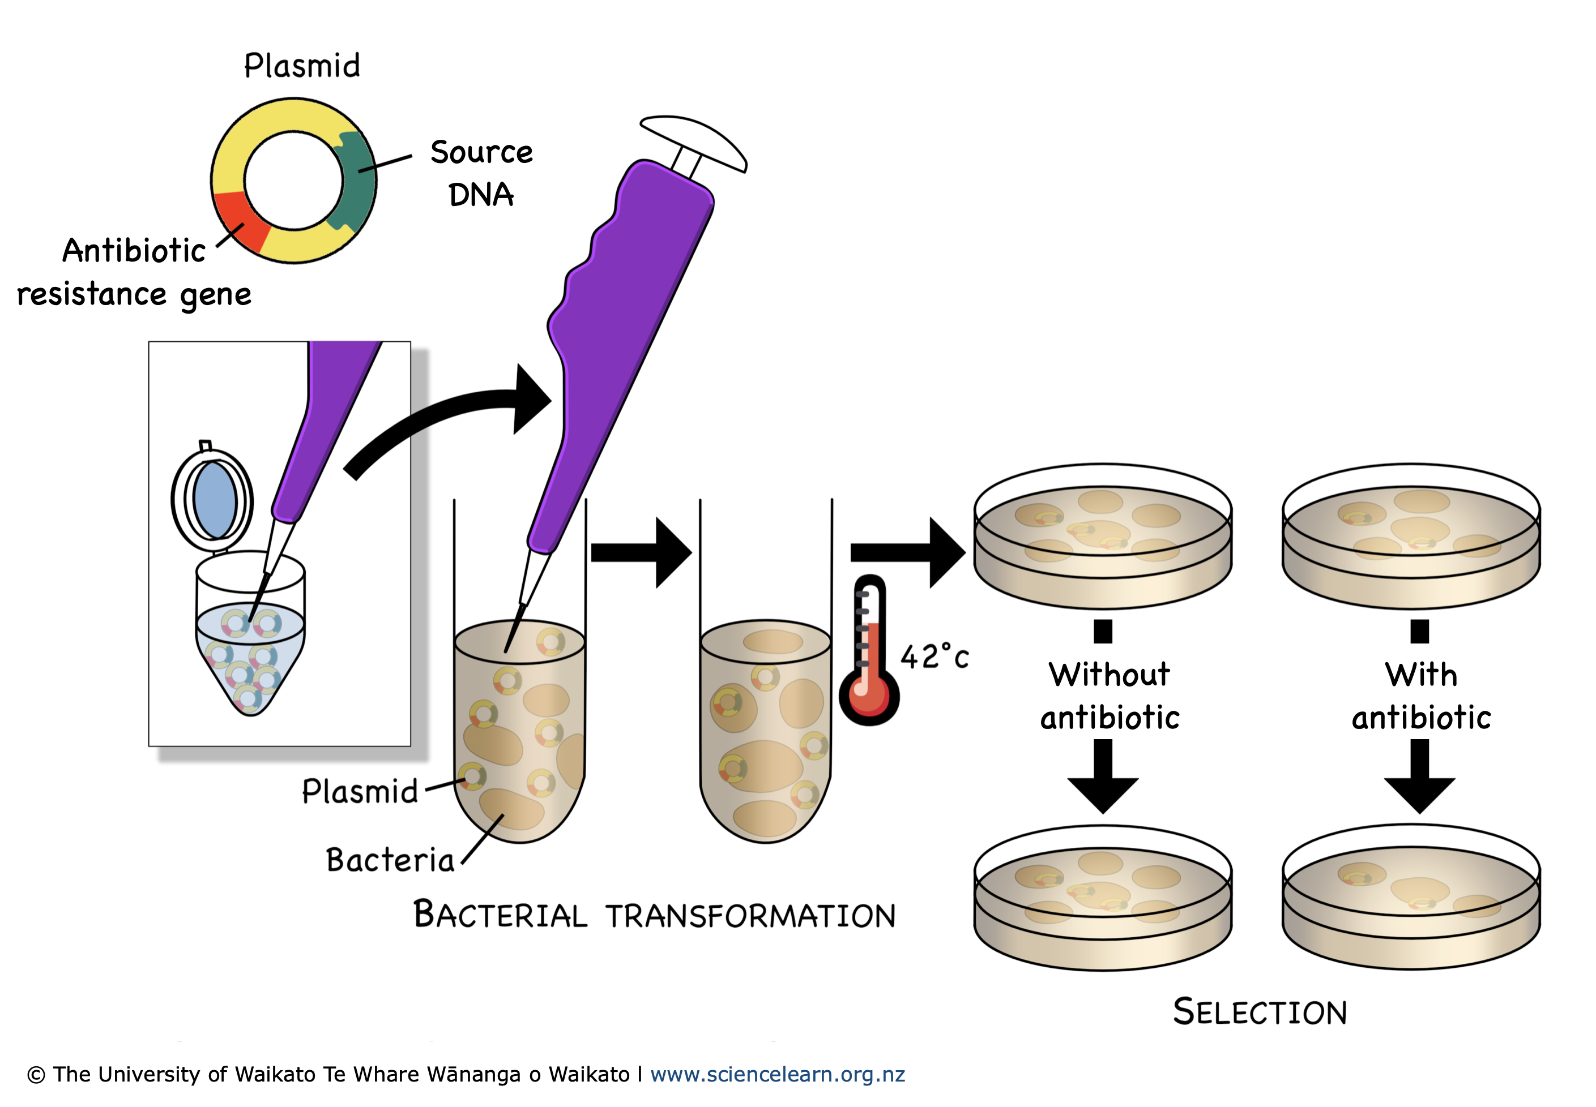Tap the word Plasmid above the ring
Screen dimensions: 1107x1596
pyautogui.click(x=302, y=66)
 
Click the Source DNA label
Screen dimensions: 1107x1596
pyautogui.click(x=481, y=173)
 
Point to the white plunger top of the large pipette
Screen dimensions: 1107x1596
pyautogui.click(x=694, y=142)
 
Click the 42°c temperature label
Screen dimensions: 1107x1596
pyautogui.click(x=934, y=656)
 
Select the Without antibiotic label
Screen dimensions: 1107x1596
pyautogui.click(x=1109, y=696)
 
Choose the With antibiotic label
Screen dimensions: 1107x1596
pyautogui.click(x=1420, y=696)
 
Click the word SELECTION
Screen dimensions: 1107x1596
pyautogui.click(x=1260, y=1012)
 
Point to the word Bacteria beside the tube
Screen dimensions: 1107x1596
pyautogui.click(x=390, y=860)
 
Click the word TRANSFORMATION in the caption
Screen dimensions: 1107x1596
pyautogui.click(x=751, y=916)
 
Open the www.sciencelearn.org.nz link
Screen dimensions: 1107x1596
pyautogui.click(x=777, y=1074)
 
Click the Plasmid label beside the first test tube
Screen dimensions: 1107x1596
pyautogui.click(x=360, y=791)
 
